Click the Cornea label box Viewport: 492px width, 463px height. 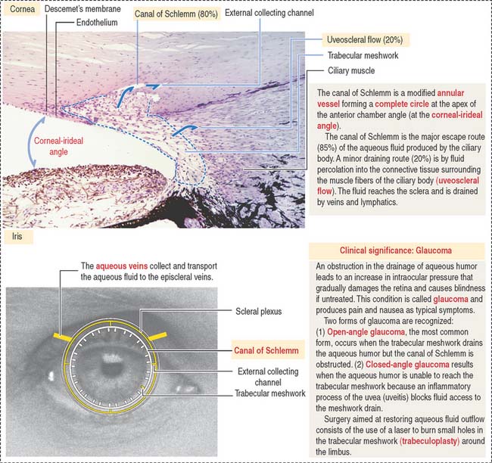(x=22, y=9)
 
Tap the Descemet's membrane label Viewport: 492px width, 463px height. (x=83, y=9)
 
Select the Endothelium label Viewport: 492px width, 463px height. (x=97, y=22)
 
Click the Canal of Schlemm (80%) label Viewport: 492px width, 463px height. (x=176, y=14)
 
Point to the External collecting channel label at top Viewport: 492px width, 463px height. (x=269, y=13)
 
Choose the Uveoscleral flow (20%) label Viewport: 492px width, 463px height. (x=365, y=40)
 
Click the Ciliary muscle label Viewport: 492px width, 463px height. (x=351, y=70)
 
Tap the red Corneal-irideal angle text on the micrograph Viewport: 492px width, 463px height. (x=59, y=146)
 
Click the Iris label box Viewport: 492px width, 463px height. (x=17, y=236)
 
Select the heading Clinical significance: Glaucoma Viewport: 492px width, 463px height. (x=396, y=250)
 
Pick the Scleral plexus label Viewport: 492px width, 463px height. (x=259, y=311)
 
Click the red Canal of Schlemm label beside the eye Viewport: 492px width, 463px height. (x=266, y=350)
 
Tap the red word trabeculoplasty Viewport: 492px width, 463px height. (x=430, y=441)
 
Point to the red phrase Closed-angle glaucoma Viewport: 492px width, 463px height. (x=407, y=365)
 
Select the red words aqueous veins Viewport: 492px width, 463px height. (x=122, y=266)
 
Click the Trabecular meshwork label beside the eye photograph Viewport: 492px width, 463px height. (x=270, y=393)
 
